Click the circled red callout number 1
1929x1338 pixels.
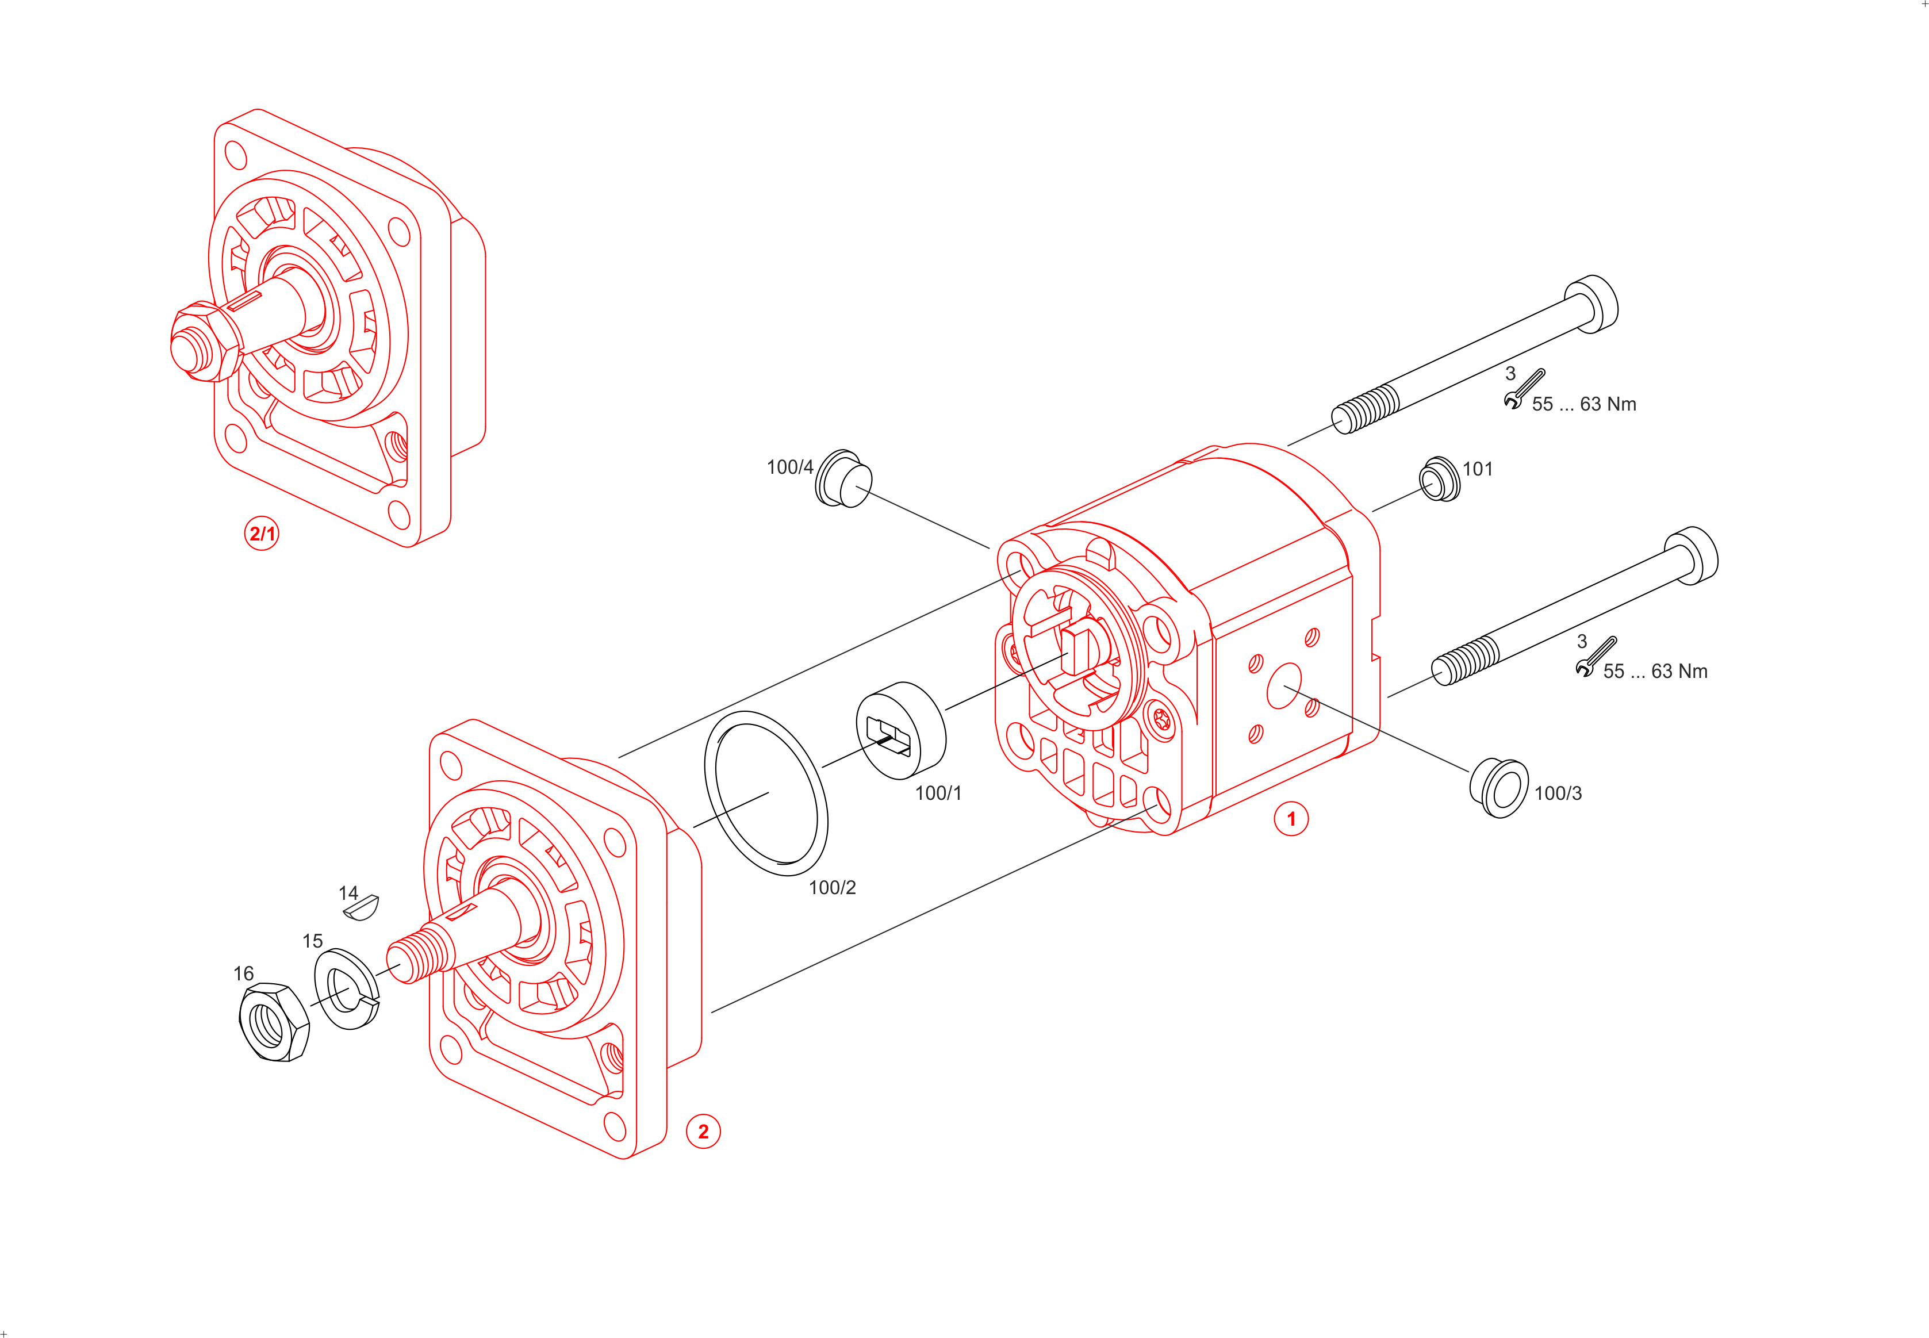(1291, 819)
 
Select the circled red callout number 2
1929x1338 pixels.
(703, 1131)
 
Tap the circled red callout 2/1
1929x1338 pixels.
(262, 533)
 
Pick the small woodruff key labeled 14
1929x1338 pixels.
(361, 907)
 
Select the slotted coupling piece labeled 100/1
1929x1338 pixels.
(901, 730)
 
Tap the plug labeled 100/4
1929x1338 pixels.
(843, 479)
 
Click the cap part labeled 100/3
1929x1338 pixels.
(1499, 788)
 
